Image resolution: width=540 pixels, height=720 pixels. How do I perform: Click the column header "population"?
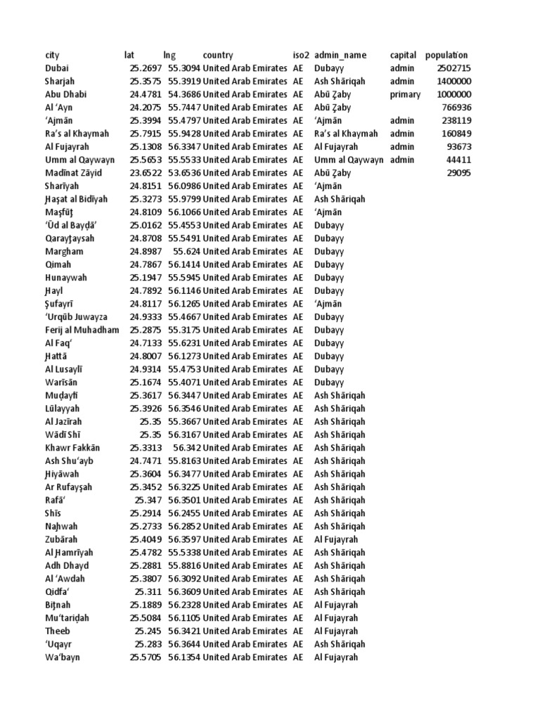point(446,55)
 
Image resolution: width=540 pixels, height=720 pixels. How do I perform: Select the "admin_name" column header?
point(340,55)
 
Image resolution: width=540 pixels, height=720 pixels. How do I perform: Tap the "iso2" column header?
point(300,55)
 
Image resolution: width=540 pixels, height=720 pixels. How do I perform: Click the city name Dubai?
point(57,68)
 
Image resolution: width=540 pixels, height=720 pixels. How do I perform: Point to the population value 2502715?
point(454,68)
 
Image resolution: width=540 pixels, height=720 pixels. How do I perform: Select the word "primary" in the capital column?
point(405,94)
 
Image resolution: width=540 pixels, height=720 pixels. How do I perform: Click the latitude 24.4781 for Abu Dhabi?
point(146,94)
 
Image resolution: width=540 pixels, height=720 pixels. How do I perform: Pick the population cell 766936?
point(457,108)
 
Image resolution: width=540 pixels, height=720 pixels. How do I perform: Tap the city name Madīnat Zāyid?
point(73,173)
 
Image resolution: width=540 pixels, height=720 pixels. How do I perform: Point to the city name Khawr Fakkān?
point(72,448)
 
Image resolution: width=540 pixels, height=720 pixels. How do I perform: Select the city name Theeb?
point(58,631)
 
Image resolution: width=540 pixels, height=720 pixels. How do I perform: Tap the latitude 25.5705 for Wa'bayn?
point(146,657)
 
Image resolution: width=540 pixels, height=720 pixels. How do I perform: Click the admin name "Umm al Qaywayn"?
point(349,160)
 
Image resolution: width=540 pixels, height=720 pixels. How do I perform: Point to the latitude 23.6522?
point(146,173)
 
